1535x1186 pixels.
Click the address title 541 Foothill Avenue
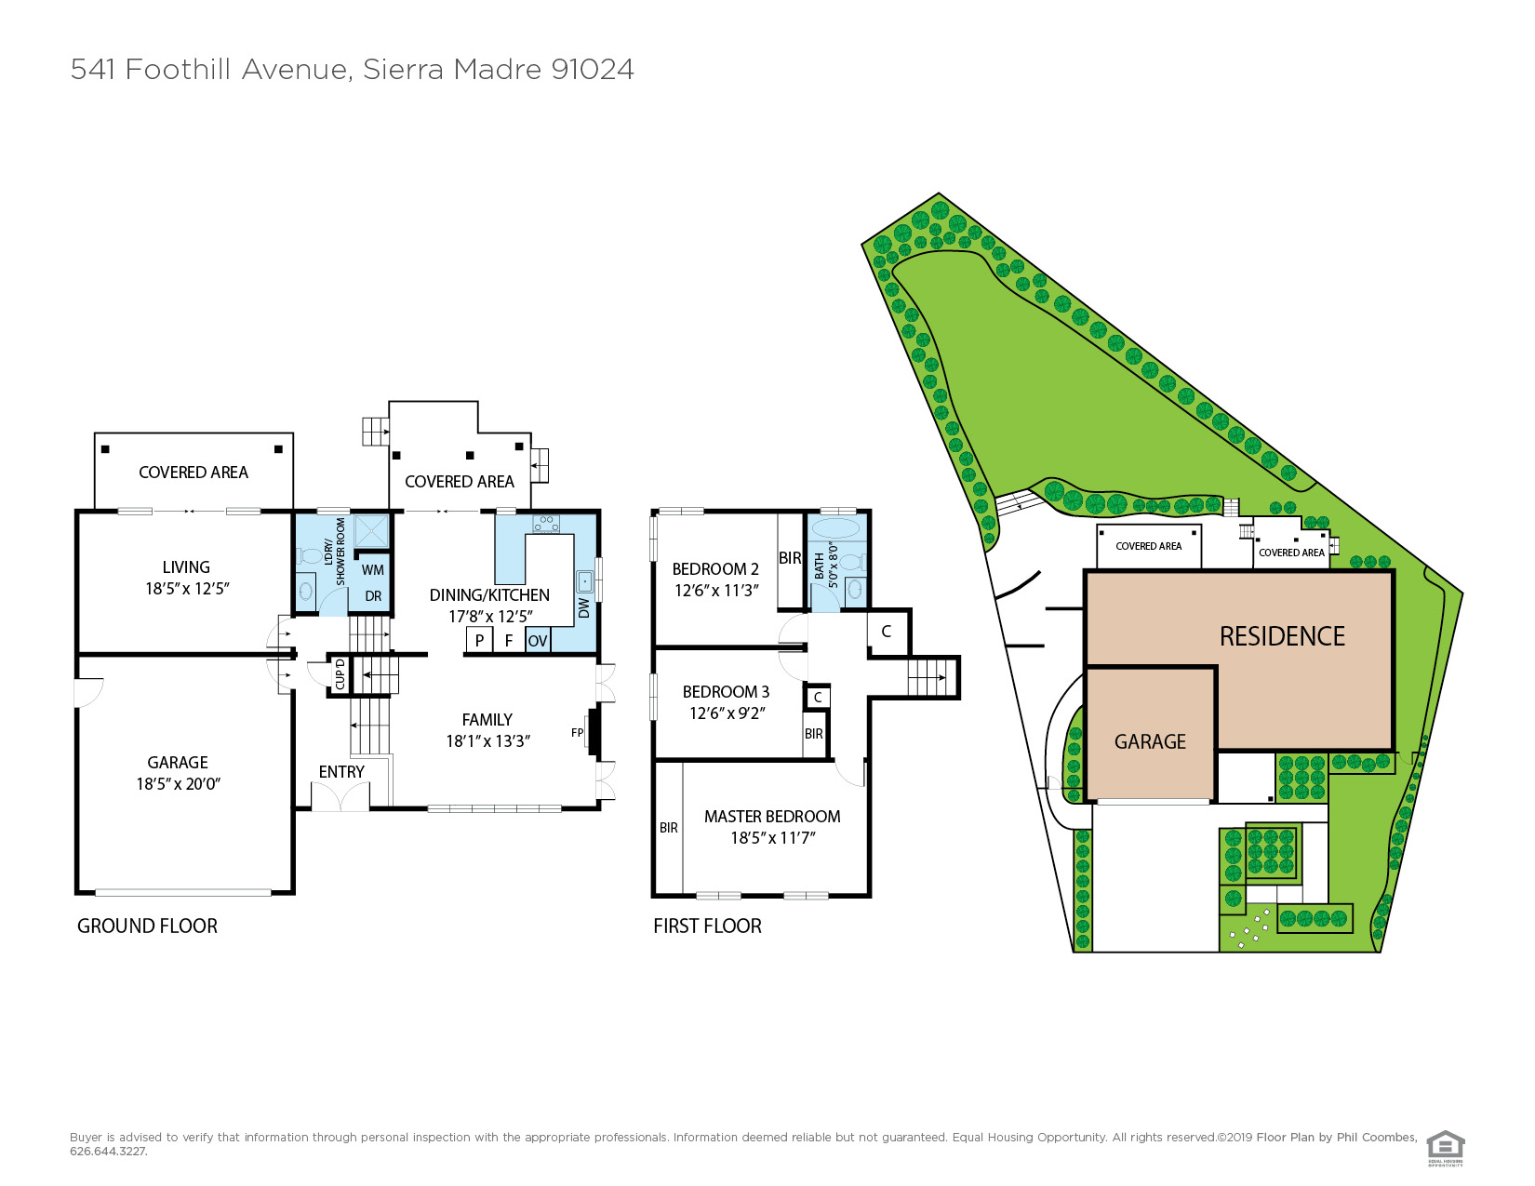tap(352, 70)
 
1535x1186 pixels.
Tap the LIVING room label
tap(186, 567)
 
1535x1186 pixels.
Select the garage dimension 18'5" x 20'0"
tap(178, 784)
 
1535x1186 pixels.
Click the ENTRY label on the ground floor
tap(341, 772)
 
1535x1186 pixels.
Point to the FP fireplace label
tap(577, 733)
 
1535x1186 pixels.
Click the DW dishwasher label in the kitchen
tap(583, 607)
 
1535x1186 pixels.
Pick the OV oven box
tap(538, 641)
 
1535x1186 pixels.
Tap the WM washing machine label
tap(373, 570)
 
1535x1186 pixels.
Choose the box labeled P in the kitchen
tap(479, 641)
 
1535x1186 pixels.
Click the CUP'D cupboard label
tap(340, 674)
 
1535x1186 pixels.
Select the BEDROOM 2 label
tap(715, 569)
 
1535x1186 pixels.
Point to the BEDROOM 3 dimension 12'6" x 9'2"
tap(727, 713)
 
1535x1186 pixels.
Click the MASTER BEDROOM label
tap(772, 817)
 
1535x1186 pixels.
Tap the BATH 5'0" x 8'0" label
tap(826, 565)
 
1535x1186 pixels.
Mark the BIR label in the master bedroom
tap(669, 828)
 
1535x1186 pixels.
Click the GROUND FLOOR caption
tap(147, 926)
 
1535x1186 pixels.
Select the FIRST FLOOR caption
tap(707, 926)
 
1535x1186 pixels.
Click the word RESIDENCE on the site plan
tap(1282, 637)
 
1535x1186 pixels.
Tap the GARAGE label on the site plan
tap(1150, 742)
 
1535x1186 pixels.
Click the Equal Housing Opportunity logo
tap(1445, 1147)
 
